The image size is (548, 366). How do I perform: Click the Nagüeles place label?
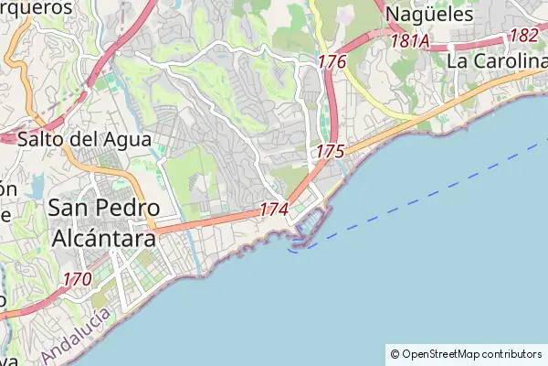(x=429, y=15)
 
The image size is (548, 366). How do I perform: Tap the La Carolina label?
(x=496, y=61)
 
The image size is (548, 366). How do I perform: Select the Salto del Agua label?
(x=67, y=140)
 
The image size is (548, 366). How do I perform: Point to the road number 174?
(x=274, y=210)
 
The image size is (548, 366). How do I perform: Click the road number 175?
(x=331, y=150)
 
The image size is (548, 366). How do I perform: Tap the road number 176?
(x=332, y=62)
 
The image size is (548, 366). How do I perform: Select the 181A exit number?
(x=409, y=41)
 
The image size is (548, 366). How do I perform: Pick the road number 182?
(x=524, y=35)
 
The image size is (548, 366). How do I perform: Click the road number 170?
(x=78, y=278)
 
